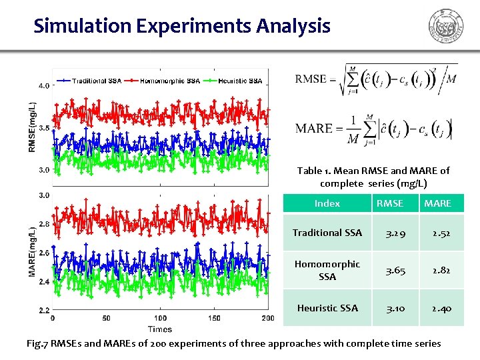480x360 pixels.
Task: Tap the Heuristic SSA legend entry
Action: tap(240, 81)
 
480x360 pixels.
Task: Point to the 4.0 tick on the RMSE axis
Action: tap(43, 85)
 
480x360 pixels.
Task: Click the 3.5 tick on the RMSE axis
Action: tap(43, 127)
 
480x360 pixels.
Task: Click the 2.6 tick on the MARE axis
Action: tap(43, 253)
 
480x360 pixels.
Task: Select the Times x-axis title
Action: tap(160, 329)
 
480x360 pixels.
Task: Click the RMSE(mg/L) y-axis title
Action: tap(31, 127)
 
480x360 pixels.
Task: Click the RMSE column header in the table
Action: tap(390, 203)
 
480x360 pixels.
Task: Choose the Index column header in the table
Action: tap(327, 203)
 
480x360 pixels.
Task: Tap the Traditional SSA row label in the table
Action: tap(327, 233)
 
